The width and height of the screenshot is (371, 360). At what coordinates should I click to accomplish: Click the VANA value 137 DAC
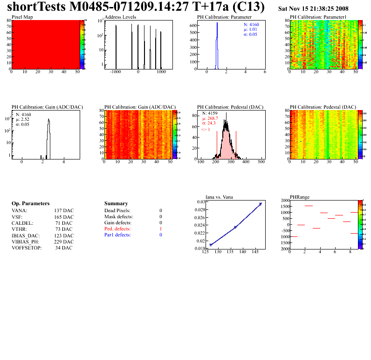coord(64,211)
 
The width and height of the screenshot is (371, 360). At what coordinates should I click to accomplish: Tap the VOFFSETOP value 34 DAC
coord(63,248)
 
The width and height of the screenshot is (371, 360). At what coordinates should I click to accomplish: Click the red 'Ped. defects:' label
coord(117,229)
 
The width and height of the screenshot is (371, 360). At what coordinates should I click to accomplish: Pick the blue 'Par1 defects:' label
coord(117,235)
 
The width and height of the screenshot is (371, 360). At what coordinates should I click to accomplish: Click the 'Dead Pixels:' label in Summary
coord(117,211)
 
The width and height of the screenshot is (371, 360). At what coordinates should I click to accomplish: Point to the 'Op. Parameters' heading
coord(30,204)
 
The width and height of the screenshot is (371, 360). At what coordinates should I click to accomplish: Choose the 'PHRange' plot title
coord(300,197)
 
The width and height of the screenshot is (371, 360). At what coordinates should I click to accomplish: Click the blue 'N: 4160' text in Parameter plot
coord(251,24)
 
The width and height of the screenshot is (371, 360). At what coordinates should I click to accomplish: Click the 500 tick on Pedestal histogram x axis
coord(261,162)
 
